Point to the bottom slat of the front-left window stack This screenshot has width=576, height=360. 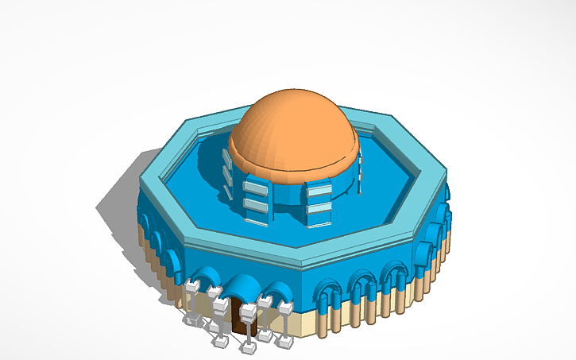pos(256,206)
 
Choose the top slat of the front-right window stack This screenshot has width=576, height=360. pos(318,188)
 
